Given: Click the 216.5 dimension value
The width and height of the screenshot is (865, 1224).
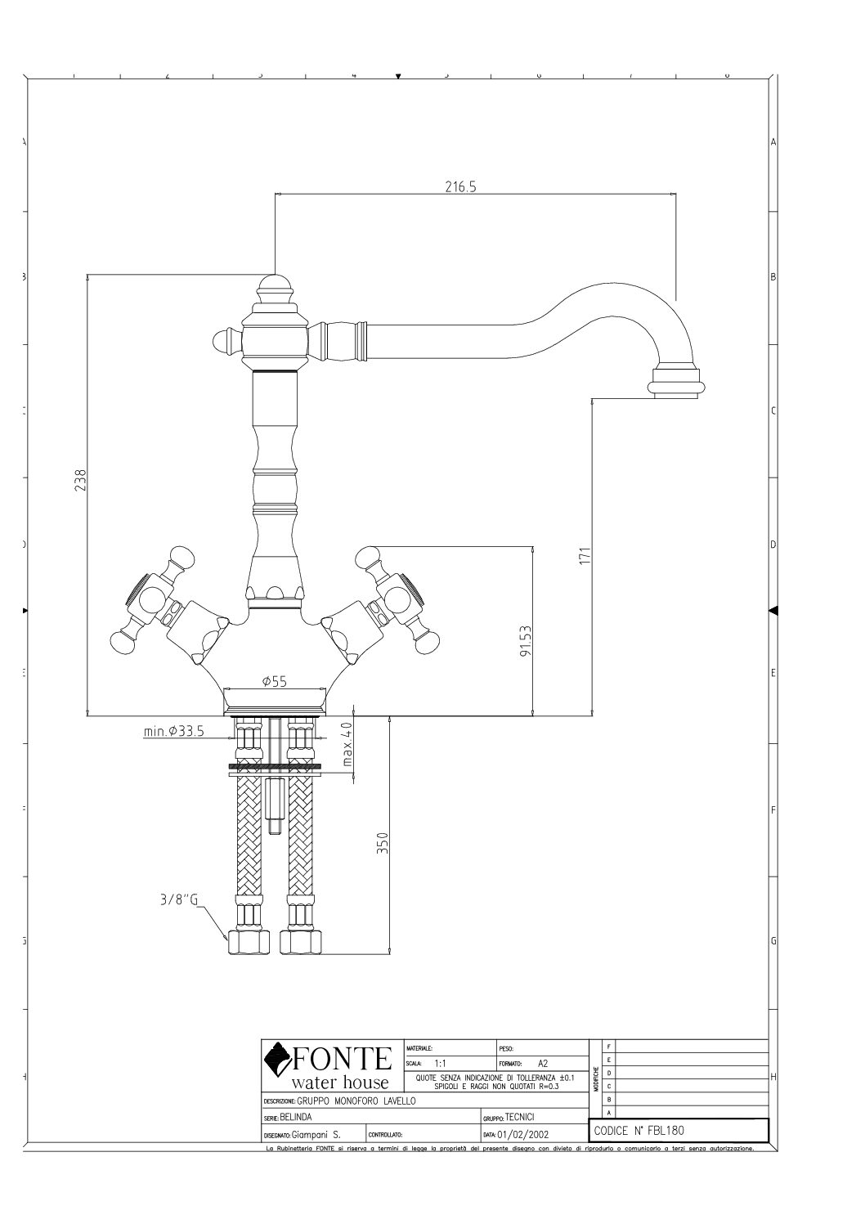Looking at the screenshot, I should pyautogui.click(x=460, y=186).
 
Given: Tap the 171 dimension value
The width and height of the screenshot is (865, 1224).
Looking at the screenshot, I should pyautogui.click(x=584, y=556).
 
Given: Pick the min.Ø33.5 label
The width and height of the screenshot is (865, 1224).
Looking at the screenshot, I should pyautogui.click(x=174, y=731).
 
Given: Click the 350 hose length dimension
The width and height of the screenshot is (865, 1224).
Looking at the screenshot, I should pyautogui.click(x=381, y=841).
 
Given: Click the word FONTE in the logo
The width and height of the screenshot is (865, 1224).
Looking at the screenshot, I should pyautogui.click(x=342, y=1060).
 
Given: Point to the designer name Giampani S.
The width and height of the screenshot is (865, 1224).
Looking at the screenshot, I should pyautogui.click(x=321, y=1134).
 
